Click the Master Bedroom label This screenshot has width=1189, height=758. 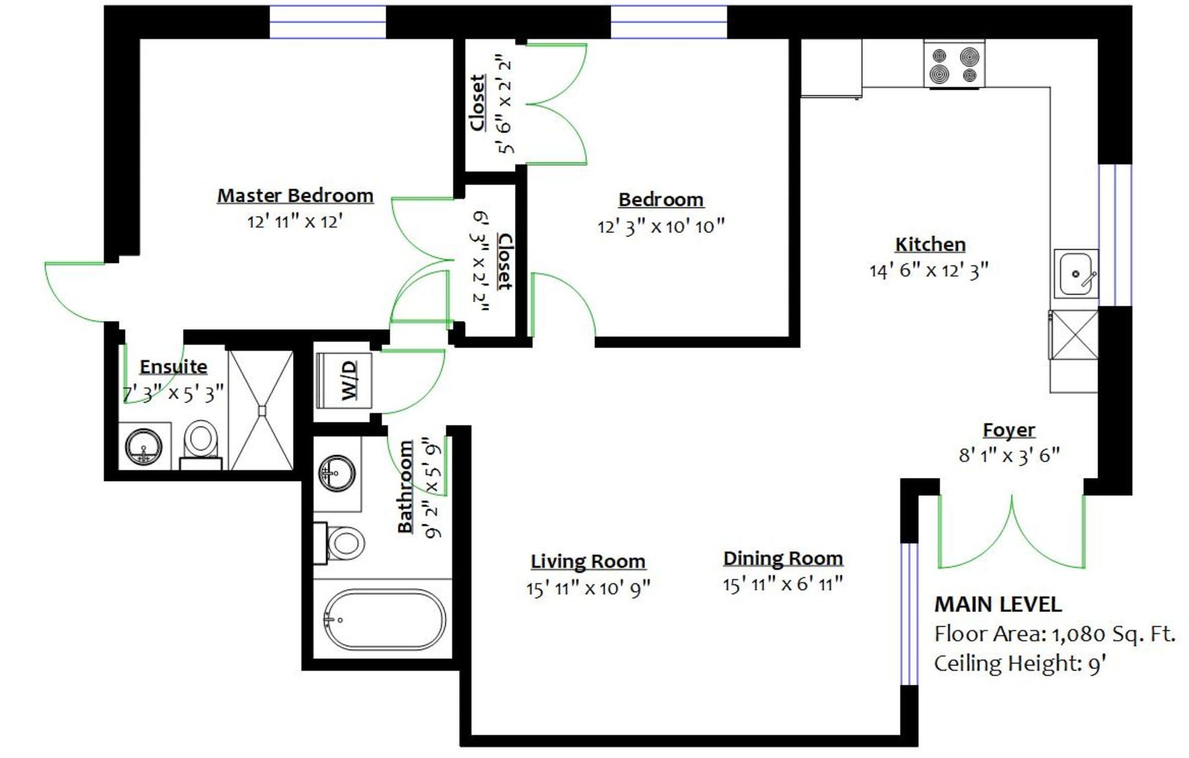pos(295,196)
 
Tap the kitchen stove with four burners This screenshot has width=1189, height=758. pos(954,65)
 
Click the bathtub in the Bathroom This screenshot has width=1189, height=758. pos(384,620)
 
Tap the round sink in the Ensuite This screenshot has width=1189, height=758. pos(144,446)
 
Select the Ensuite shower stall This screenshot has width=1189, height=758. pos(260,410)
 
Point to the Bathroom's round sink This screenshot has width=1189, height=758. pos(337,473)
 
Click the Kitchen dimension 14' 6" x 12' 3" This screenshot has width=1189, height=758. pos(929,270)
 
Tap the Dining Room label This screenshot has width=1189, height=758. pos(783,558)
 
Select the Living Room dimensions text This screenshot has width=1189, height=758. pos(589,588)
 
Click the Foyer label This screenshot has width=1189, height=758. pos(1009,430)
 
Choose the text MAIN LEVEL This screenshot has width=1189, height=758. pos(998,604)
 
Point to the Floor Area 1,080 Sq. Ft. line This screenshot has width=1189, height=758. pos(1055,634)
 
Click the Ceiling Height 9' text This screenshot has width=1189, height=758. pos(1021,663)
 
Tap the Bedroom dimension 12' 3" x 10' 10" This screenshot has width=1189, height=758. pos(661,227)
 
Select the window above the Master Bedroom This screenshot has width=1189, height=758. pos(328,22)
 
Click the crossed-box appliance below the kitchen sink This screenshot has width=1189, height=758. pos(1074,334)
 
